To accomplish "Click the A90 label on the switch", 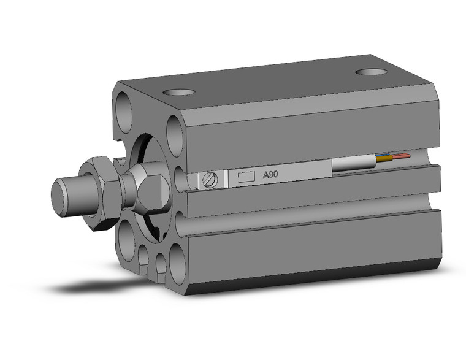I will [x=270, y=175].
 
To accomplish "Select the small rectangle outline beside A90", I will [x=246, y=177].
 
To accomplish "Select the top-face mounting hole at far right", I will [x=372, y=72].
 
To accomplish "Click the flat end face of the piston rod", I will [x=59, y=197].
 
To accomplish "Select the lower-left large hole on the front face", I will [x=128, y=239].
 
